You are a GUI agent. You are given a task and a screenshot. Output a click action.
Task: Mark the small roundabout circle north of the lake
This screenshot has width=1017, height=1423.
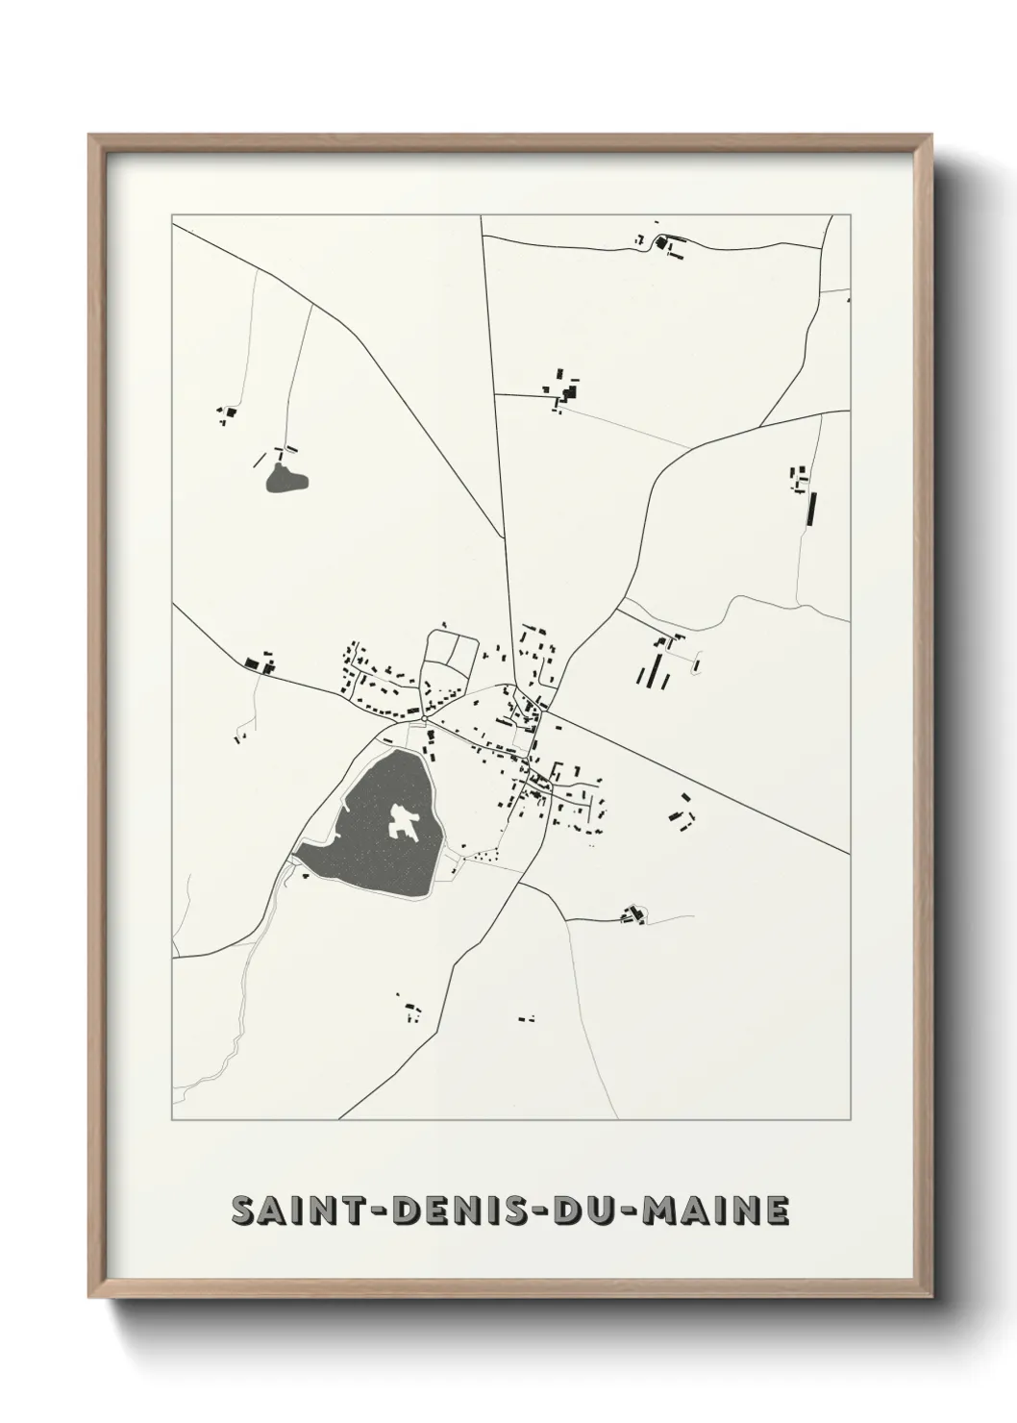coord(423,717)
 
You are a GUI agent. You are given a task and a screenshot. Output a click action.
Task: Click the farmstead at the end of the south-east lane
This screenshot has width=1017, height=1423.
coord(633,915)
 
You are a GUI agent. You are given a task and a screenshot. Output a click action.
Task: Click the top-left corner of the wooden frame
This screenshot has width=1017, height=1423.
coord(91,137)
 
